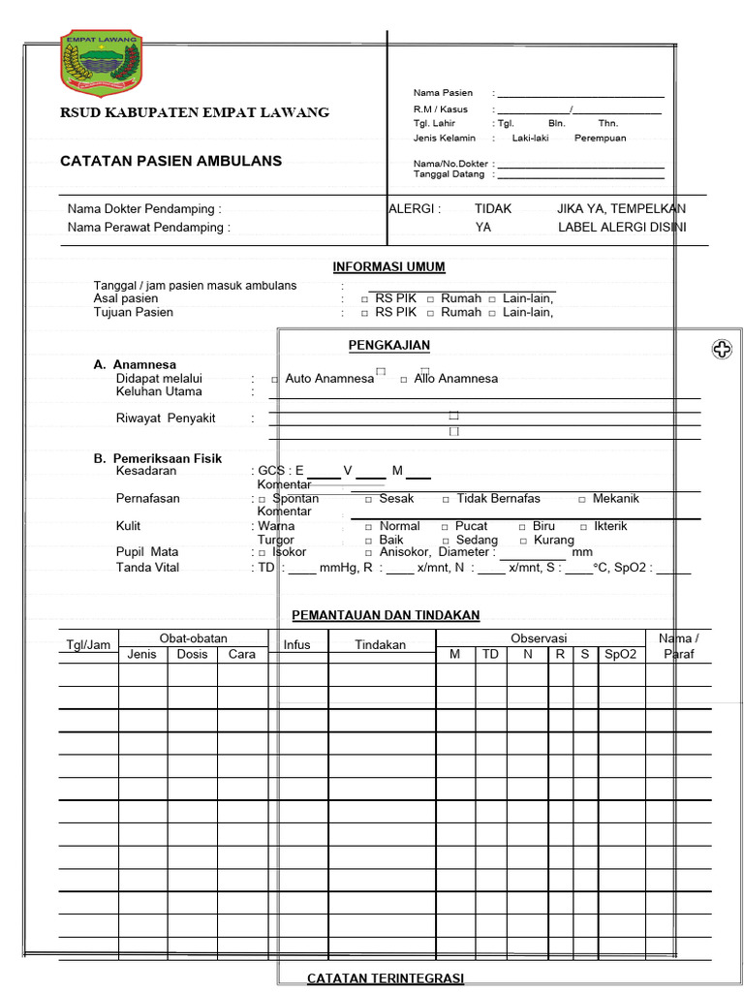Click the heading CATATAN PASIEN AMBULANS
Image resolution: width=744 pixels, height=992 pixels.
tap(170, 161)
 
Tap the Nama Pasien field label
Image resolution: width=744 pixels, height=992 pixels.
tap(443, 93)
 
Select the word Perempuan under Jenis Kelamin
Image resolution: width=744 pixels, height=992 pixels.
tap(600, 138)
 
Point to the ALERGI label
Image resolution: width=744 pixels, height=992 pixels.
tap(415, 208)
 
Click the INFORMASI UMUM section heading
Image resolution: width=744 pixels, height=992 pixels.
tap(388, 266)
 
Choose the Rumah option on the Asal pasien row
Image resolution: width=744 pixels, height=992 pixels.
tap(460, 298)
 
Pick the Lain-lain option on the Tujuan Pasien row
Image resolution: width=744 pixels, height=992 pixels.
tap(528, 312)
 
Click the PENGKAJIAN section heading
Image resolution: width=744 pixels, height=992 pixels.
tap(388, 345)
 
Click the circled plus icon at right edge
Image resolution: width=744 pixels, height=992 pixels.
tap(722, 350)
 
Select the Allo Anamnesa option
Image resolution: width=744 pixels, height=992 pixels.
tap(455, 378)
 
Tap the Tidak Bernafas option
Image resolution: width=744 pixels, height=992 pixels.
tap(498, 498)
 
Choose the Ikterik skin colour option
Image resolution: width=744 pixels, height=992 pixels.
tap(610, 526)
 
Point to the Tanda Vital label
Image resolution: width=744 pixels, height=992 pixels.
tap(147, 567)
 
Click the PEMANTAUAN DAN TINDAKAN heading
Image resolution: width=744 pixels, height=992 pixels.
tap(386, 615)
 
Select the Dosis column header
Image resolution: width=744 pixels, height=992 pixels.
tap(192, 654)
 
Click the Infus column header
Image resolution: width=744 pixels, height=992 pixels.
tap(297, 644)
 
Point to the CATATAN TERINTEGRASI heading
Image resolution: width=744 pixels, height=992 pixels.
tap(386, 978)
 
